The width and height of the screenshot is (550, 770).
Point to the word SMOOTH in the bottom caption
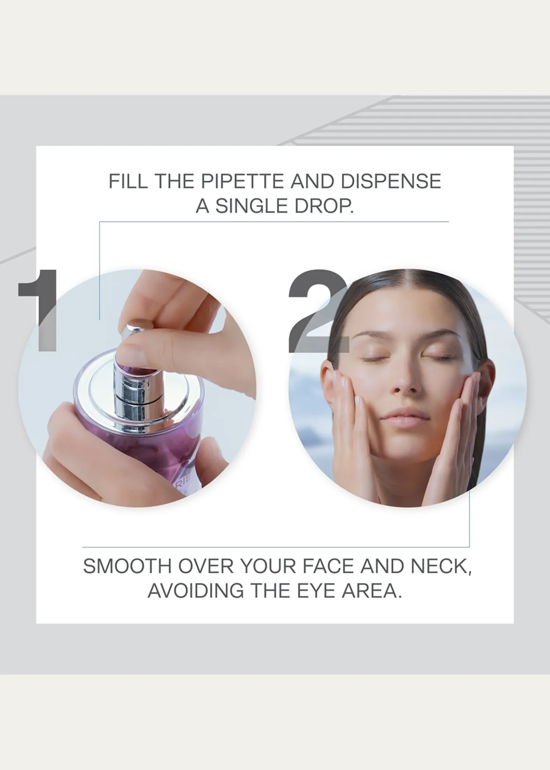(x=127, y=566)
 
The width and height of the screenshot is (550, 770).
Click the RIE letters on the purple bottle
(x=185, y=486)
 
